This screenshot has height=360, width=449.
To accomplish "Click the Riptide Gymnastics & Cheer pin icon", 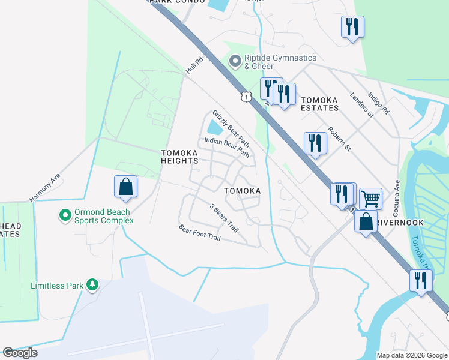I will (x=235, y=61).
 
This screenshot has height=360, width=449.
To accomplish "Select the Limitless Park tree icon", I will (x=92, y=284).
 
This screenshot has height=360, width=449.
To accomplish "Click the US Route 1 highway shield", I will (x=246, y=97).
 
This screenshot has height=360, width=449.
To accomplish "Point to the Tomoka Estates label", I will (x=319, y=104).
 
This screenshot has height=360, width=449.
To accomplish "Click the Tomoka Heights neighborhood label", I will (x=179, y=157).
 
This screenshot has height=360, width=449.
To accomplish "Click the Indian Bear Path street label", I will (x=226, y=146).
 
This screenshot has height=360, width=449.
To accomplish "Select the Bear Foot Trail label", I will (x=200, y=233).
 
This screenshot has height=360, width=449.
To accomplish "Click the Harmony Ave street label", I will (x=46, y=188).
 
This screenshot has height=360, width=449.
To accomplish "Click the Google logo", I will (x=20, y=353).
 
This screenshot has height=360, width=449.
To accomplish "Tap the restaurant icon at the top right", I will (x=352, y=26).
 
